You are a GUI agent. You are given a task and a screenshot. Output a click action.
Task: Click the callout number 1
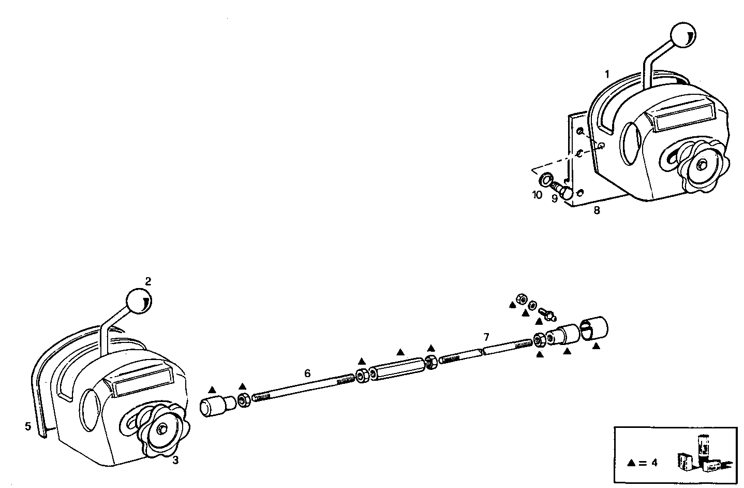tap(608, 74)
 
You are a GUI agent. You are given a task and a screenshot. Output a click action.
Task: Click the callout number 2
tap(148, 281)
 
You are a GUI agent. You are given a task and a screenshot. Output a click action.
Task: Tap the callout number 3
tap(175, 461)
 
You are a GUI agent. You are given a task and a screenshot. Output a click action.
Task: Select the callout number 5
tap(27, 426)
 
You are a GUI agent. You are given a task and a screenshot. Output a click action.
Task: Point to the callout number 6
tap(307, 372)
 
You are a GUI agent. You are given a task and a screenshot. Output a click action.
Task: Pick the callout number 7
tap(486, 337)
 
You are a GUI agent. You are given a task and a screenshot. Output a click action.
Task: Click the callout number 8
tap(597, 211)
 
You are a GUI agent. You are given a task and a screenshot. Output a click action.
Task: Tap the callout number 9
tap(555, 198)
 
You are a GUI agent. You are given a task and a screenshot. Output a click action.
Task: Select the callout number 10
tap(537, 195)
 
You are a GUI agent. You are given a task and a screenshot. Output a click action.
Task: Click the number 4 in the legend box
tap(654, 463)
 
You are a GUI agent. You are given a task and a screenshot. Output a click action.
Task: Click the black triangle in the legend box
tap(631, 463)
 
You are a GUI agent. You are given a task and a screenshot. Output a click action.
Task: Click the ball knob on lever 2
tap(138, 302)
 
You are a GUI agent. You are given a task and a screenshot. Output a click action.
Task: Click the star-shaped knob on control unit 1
tap(702, 165)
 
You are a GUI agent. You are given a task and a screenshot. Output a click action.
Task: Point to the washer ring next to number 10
tap(545, 180)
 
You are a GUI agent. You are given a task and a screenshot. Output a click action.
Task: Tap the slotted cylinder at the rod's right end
tap(596, 327)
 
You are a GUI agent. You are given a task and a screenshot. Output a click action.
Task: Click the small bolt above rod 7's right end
tap(546, 313)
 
